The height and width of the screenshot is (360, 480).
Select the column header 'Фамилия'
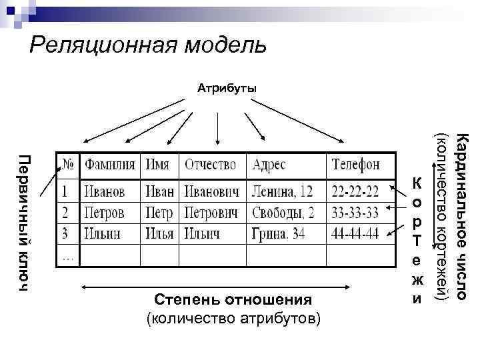110,165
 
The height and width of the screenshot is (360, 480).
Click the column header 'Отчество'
211,165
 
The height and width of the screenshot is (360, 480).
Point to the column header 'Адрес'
269,165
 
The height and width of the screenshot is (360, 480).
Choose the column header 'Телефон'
356,165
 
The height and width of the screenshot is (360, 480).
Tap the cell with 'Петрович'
211,213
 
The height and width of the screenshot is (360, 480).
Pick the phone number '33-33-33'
355,213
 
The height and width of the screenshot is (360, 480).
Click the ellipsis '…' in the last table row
67,254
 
